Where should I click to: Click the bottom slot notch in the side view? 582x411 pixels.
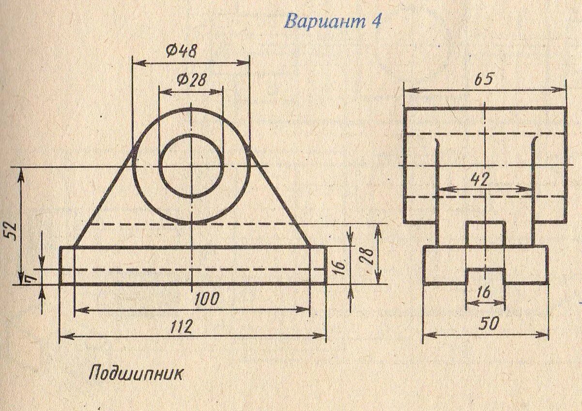click(485, 277)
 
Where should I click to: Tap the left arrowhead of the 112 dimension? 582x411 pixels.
click(63, 335)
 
